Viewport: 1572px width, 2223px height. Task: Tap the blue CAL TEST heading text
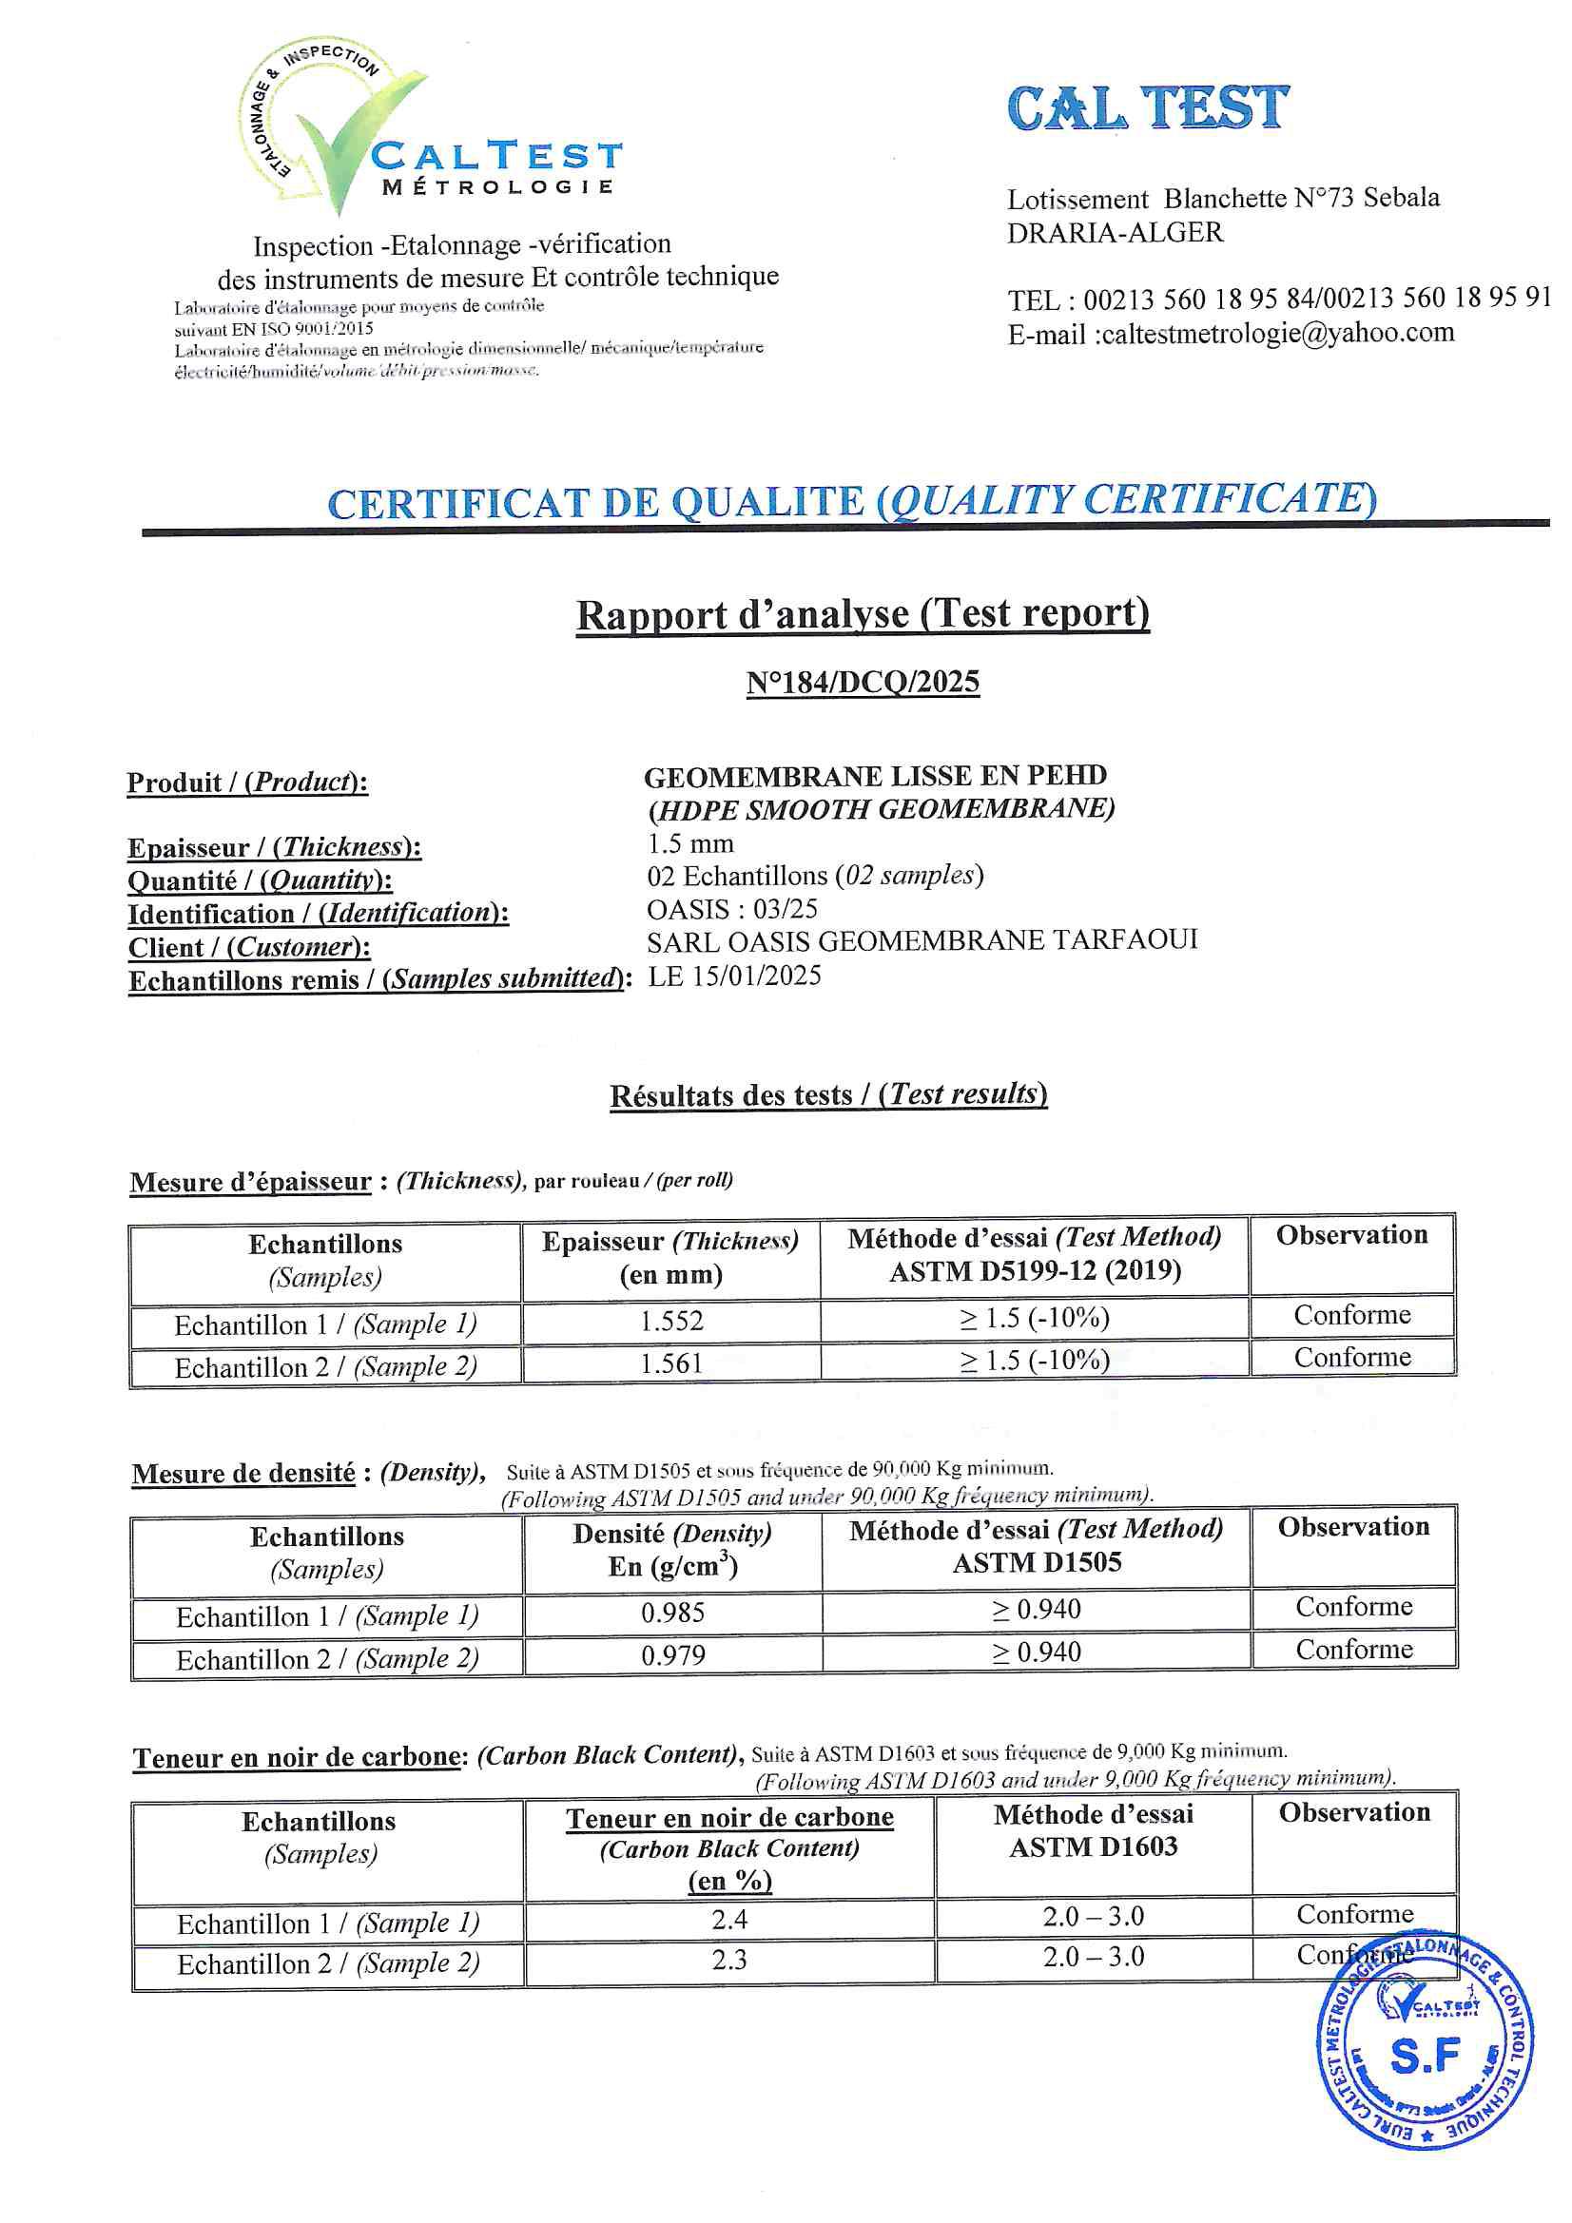tap(1148, 107)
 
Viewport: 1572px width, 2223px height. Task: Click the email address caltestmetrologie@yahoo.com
tap(1277, 333)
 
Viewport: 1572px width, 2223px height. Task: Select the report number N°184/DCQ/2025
tap(862, 683)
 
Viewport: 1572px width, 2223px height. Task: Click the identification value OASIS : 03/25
tap(732, 909)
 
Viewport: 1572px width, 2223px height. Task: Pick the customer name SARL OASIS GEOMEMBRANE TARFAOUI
tap(922, 940)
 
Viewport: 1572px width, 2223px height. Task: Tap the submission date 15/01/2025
tap(756, 976)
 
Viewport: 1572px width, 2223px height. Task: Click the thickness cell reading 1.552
tap(671, 1321)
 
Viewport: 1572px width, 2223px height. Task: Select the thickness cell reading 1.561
tap(671, 1363)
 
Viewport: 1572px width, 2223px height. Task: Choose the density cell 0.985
tap(673, 1613)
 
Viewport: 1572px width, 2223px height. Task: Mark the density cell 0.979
tap(673, 1655)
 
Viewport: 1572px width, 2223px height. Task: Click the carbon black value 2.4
tap(729, 1919)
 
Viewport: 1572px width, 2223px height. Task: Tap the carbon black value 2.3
tap(729, 1960)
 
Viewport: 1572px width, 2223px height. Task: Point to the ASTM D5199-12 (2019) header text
tap(1035, 1270)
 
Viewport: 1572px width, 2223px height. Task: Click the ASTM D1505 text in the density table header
tap(1037, 1563)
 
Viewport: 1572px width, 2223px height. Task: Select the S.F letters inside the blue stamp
tap(1424, 2056)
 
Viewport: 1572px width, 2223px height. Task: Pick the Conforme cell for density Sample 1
tap(1354, 1607)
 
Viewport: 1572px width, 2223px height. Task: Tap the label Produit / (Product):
tap(247, 783)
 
